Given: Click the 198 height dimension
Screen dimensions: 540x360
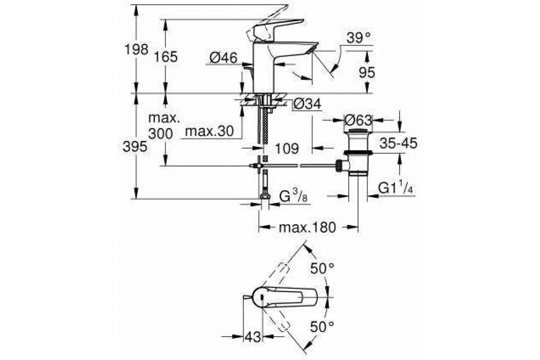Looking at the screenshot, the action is click(136, 49).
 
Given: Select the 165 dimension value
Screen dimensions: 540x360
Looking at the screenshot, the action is click(166, 57).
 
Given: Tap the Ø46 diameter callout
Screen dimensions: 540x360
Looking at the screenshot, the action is click(224, 58).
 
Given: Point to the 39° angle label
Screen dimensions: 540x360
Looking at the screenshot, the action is click(359, 38).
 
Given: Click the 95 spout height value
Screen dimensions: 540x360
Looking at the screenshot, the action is click(367, 72).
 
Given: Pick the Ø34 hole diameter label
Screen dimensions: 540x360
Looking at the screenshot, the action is click(307, 104).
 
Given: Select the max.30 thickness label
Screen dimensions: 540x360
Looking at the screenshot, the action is click(209, 131).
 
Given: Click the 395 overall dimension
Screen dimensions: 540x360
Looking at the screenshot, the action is click(135, 146).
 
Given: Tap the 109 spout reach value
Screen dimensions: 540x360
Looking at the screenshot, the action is click(287, 148).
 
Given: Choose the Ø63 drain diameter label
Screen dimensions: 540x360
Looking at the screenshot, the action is click(358, 120).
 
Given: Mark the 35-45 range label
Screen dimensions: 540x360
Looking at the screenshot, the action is click(398, 143).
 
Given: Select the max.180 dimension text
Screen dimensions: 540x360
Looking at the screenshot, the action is click(307, 227).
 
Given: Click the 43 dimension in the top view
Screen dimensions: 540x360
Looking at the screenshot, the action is click(252, 337).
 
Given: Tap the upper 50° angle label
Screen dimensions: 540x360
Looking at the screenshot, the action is click(322, 268).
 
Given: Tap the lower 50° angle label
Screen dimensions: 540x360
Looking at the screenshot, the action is click(322, 327).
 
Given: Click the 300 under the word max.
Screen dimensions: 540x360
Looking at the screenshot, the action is click(161, 134).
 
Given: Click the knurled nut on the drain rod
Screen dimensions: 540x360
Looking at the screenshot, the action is click(338, 166).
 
